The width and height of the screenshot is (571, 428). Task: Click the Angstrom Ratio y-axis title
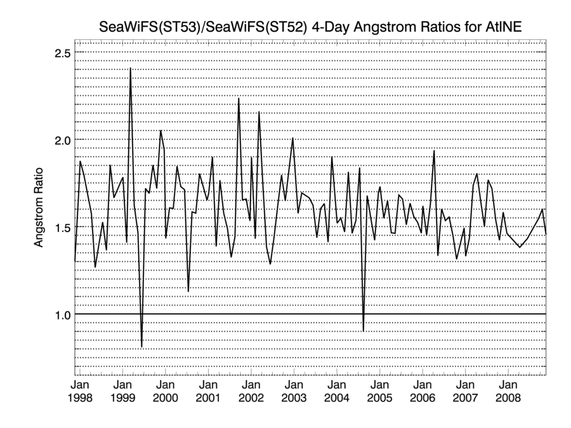(39, 206)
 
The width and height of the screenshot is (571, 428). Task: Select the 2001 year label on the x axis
(208, 398)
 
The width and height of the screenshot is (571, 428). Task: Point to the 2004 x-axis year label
(337, 398)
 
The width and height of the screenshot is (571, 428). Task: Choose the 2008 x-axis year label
(508, 398)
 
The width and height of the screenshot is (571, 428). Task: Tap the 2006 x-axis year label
(423, 398)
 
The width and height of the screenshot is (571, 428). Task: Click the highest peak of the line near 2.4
(130, 68)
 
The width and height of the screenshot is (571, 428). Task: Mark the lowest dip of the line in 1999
(141, 346)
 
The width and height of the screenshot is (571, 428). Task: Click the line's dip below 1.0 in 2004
(363, 330)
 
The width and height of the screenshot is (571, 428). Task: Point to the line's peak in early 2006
(434, 151)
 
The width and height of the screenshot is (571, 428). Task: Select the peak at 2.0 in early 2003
(292, 138)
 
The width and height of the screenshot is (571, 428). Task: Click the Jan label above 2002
(251, 385)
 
